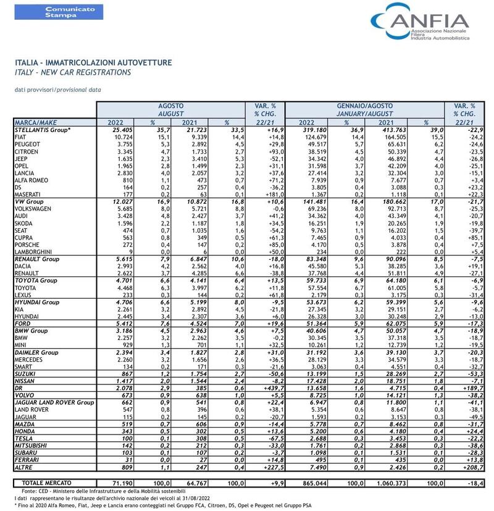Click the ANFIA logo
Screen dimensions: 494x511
click(x=420, y=22)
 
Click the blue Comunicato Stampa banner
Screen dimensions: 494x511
click(x=59, y=12)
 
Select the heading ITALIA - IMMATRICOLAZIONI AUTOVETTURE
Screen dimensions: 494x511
click(x=93, y=62)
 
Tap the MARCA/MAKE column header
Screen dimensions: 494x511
click(x=36, y=123)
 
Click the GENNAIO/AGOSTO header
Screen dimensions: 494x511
click(x=364, y=106)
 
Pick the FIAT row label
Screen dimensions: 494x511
click(x=20, y=137)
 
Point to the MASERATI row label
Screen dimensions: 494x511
click(x=27, y=194)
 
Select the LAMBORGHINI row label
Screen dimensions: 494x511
click(x=33, y=252)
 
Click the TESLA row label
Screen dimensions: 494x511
click(x=23, y=439)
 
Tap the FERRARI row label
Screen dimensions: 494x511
click(x=27, y=460)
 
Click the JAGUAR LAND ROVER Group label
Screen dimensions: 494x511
click(x=54, y=403)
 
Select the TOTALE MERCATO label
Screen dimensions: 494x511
click(x=46, y=483)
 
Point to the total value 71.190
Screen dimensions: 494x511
click(x=122, y=483)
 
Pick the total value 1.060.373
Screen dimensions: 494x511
click(x=391, y=483)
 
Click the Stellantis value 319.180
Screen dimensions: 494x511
click(x=315, y=130)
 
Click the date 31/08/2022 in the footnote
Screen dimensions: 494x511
click(x=196, y=498)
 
